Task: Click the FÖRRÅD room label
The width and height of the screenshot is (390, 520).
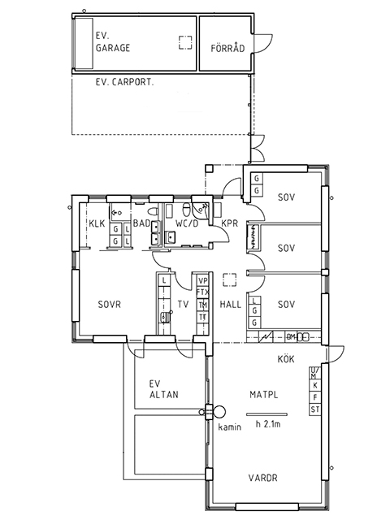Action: pos(227,48)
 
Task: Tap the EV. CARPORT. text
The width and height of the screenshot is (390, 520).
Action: pos(124,82)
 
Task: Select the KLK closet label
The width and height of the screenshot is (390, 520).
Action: pos(97,223)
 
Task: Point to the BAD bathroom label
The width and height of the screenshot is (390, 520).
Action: pos(141,223)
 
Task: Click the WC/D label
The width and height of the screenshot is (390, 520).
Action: pos(187,223)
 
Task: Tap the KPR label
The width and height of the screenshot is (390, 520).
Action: pos(230,223)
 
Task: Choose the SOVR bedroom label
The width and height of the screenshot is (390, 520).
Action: pos(110,304)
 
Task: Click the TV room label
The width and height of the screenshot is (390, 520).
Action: pos(183,304)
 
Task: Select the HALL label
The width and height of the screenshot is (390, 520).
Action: pos(231,304)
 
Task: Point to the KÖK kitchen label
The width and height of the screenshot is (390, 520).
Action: pos(286,358)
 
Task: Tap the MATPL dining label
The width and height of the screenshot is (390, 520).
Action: pos(263,395)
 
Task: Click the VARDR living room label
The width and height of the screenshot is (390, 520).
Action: pos(263,478)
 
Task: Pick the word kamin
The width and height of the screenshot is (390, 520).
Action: pos(229,427)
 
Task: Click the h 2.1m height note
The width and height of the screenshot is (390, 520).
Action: pos(268,424)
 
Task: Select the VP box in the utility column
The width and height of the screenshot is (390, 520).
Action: pos(202,281)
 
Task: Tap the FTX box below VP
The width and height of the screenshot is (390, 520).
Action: pos(202,292)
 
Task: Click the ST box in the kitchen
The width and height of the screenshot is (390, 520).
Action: pos(314,409)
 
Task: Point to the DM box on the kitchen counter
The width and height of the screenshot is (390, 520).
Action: pos(291,337)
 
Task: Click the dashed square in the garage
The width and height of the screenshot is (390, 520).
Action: pos(185,42)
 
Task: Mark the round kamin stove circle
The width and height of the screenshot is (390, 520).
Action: pos(219,412)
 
